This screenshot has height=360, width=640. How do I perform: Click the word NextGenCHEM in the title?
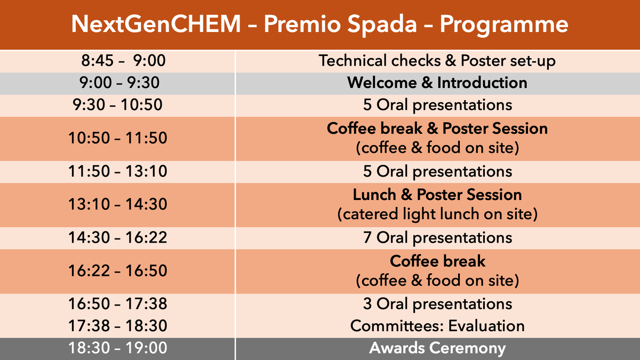[x=156, y=24]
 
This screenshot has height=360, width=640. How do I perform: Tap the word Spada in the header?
[x=382, y=25]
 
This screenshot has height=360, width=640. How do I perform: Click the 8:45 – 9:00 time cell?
[x=123, y=61]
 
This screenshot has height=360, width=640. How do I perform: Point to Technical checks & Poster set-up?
[x=437, y=61]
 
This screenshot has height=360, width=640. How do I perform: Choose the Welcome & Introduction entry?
[x=437, y=83]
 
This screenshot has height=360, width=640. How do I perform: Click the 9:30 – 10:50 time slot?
[x=117, y=105]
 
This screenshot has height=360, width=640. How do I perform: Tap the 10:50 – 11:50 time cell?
[x=118, y=138]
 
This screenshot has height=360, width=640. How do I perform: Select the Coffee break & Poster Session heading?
[x=437, y=129]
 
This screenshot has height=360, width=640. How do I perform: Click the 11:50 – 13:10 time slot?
[x=118, y=171]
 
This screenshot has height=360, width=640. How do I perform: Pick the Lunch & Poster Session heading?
[x=437, y=195]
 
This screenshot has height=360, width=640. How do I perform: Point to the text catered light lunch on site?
[x=437, y=214]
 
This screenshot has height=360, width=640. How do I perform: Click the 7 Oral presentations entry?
[x=437, y=238]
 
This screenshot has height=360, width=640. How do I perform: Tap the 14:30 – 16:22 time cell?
[x=118, y=237]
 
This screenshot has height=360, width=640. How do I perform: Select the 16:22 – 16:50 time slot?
[x=118, y=270]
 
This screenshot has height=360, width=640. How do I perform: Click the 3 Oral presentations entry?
[x=437, y=304]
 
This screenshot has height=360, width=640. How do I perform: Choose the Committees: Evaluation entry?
[x=437, y=326]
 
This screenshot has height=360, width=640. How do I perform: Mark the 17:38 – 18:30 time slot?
[x=118, y=326]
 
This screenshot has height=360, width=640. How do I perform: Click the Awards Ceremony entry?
[x=437, y=348]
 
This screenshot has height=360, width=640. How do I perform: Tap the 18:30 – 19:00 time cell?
[x=118, y=348]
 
